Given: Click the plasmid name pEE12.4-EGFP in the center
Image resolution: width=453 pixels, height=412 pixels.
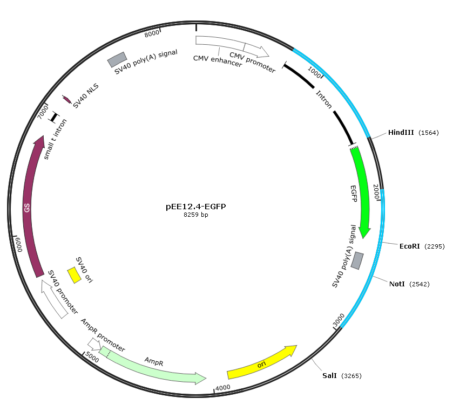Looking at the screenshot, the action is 196,207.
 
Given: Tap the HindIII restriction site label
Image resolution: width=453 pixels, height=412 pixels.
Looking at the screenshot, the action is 413,133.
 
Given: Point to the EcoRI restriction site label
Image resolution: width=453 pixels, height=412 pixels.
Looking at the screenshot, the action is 422,246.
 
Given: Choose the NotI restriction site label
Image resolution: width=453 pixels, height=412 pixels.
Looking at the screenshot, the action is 409,284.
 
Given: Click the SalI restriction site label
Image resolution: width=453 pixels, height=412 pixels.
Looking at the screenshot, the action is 342,375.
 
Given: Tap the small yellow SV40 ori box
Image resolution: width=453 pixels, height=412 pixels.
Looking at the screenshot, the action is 75,275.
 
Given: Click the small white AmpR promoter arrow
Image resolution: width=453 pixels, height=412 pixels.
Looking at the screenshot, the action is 94,344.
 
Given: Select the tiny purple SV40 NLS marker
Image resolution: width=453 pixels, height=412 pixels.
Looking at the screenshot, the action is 67,99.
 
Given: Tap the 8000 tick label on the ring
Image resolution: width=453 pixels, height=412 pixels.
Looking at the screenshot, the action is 152,33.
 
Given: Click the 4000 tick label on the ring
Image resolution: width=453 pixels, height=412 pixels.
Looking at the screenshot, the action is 223,388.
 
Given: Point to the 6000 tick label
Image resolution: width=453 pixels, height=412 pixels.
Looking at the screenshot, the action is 19,245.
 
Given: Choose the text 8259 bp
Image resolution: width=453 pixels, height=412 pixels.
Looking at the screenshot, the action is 196,215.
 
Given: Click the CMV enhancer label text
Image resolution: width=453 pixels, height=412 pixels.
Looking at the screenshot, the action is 218,61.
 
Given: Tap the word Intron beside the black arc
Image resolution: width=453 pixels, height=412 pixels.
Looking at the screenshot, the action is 324,99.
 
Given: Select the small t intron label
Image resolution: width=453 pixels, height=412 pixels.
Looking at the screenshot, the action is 55,139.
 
